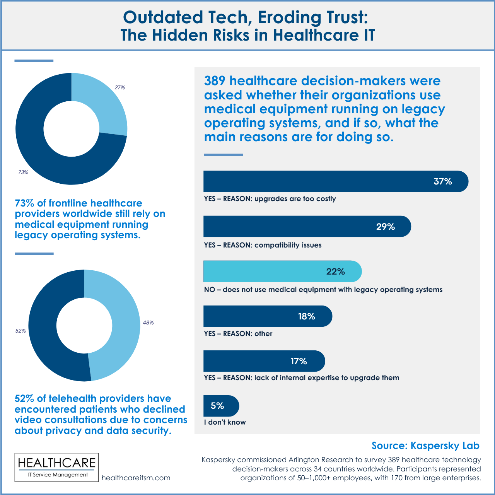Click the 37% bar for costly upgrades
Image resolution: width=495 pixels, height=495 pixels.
(x=336, y=181)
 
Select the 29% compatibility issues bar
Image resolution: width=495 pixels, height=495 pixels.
(x=307, y=226)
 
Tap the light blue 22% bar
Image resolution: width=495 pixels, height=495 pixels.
(x=282, y=271)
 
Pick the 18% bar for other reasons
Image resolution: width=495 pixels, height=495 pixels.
(x=268, y=316)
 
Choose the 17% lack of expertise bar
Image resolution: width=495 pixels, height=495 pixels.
(x=264, y=361)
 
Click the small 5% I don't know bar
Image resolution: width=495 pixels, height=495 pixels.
(x=221, y=406)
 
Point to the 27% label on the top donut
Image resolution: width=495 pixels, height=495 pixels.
(x=119, y=88)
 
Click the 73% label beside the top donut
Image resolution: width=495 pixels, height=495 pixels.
(x=23, y=172)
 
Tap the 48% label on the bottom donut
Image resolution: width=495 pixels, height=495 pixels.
(x=148, y=323)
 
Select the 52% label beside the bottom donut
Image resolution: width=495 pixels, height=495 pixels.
(x=20, y=331)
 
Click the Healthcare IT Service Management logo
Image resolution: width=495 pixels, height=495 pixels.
(x=56, y=467)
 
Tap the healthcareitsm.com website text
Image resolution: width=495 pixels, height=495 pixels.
(x=136, y=478)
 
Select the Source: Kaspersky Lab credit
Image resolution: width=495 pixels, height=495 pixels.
(x=425, y=445)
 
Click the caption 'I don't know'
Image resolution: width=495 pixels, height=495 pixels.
(x=225, y=422)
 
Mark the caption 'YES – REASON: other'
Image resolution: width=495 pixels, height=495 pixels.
(x=238, y=334)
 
